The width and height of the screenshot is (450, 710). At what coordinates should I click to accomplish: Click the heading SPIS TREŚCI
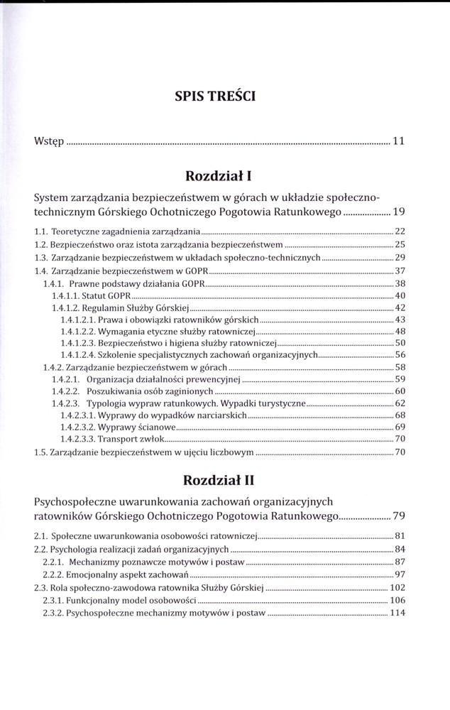pos(224,95)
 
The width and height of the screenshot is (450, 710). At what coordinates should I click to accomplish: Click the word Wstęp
pos(49,141)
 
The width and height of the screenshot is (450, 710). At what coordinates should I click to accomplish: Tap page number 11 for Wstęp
pos(398,141)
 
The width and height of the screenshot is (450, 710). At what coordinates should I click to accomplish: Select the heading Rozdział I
pos(224,175)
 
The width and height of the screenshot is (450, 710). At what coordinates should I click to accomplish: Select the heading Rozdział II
pos(224,480)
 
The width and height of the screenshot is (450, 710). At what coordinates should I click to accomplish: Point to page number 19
pos(398,212)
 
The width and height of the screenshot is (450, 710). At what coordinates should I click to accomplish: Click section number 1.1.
pos(41,231)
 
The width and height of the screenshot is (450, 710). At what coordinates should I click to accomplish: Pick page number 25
pos(400,244)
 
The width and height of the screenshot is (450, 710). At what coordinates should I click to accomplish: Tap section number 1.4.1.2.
pos(65,308)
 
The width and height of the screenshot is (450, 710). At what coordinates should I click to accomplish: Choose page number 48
pos(400,332)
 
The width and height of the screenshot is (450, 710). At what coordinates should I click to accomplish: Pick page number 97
pos(400,574)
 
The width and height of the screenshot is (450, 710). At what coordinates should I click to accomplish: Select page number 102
pos(397,587)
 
